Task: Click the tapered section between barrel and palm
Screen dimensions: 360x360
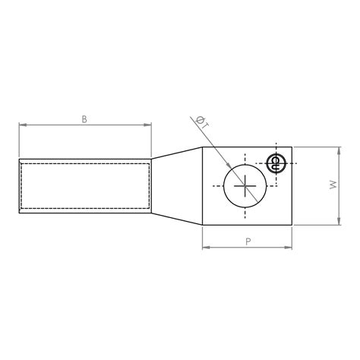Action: tap(177, 185)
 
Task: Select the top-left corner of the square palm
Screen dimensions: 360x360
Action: tap(203, 147)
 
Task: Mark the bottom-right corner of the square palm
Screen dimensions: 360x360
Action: tap(292, 225)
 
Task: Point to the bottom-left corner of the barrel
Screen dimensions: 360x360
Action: tap(19, 212)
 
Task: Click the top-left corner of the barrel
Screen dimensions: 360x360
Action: tap(19, 159)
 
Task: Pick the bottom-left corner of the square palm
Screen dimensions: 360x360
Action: tap(203, 225)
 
